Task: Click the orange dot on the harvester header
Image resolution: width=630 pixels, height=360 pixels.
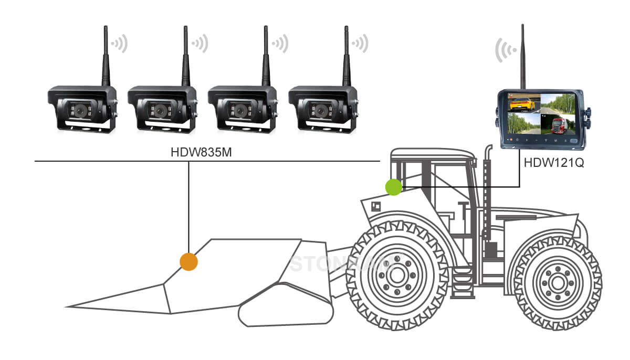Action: point(188,261)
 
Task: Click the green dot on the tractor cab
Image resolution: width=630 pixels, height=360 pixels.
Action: point(393,187)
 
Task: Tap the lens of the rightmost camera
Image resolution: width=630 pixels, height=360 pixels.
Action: point(320,110)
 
